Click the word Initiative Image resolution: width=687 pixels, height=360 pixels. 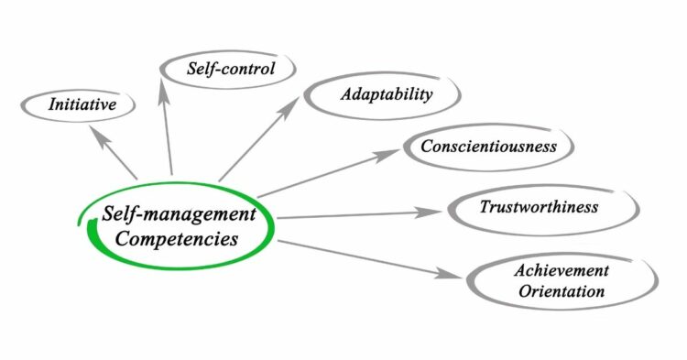coord(82,104)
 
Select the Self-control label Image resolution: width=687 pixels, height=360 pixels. coord(230,69)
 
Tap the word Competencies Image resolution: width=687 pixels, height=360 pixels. coord(177,240)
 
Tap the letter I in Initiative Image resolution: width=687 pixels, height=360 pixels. coord(51,104)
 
